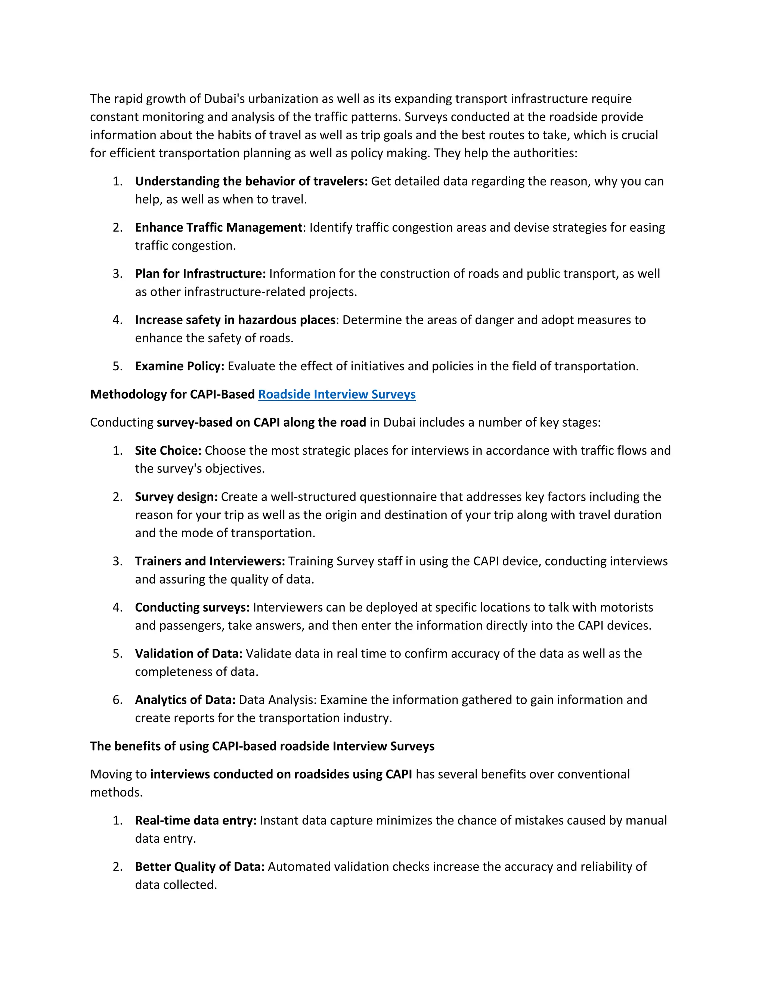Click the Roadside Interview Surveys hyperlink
337,395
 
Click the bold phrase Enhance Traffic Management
219,228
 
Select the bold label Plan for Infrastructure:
200,274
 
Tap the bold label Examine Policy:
179,366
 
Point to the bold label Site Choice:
168,451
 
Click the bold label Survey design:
176,497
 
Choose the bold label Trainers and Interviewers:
210,561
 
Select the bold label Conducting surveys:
192,607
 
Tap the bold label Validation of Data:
189,654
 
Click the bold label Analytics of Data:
185,700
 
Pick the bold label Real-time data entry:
196,820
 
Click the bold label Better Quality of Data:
199,867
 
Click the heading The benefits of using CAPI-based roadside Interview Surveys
262,746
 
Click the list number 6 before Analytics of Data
117,700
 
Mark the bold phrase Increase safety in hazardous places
235,320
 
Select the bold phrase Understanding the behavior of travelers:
251,181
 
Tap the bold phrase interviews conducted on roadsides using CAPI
281,774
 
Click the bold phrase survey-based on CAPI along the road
261,423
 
